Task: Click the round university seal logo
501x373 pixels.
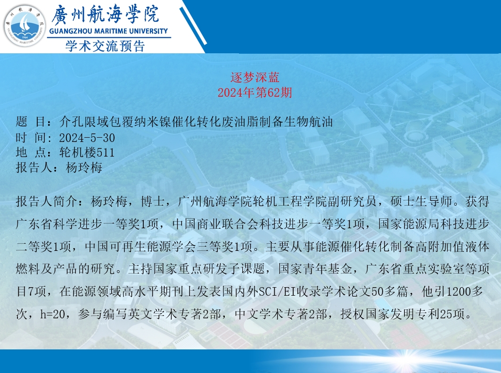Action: (25, 25)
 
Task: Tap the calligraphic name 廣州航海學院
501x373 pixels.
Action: (105, 15)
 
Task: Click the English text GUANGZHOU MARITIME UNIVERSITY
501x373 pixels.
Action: (108, 31)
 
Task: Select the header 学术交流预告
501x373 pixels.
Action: (105, 46)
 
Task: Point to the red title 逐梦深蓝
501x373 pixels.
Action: (255, 77)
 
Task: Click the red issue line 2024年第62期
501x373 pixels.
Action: (255, 93)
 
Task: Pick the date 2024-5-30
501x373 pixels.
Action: (87, 138)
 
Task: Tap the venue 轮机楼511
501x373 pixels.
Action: (87, 152)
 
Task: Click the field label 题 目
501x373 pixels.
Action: (31, 122)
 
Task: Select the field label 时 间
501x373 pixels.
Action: (31, 138)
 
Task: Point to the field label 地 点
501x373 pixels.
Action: (31, 152)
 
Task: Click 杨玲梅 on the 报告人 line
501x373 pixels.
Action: (84, 167)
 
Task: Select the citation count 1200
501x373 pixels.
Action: (459, 291)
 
